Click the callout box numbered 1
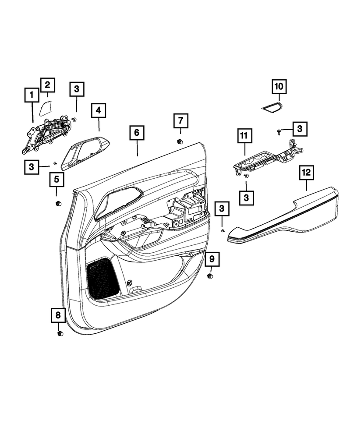coord(32,94)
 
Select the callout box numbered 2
coord(48,85)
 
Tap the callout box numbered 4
coord(99,111)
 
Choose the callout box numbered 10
coord(279,87)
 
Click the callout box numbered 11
coord(245,137)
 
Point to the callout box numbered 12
coord(306,173)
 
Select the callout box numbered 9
coord(212,259)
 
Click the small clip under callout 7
coord(179,141)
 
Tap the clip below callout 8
coord(60,334)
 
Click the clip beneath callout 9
coord(210,276)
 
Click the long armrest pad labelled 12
coord(285,217)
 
